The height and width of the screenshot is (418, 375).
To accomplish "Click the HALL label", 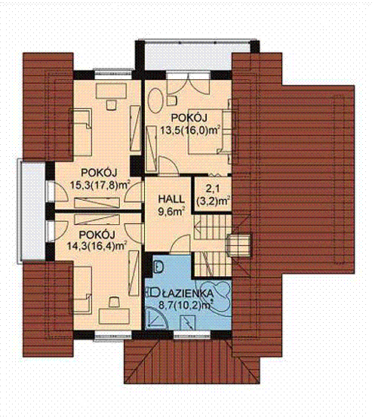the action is (x=171, y=199).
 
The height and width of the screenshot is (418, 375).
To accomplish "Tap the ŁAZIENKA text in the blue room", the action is (x=188, y=294).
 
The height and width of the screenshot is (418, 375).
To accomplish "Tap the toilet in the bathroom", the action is (x=158, y=267).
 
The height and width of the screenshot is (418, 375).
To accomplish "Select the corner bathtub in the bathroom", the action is (x=214, y=294).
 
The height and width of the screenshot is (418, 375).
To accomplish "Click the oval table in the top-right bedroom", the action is (x=155, y=101).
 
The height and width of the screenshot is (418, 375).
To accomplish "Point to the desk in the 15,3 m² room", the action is (x=112, y=91).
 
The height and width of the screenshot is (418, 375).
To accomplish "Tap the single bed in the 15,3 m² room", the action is (x=81, y=131).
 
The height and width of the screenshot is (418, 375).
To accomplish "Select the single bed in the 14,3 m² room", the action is (x=81, y=289).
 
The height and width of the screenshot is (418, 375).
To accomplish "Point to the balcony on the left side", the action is (x=31, y=211).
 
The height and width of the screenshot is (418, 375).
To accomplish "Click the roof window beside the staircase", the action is (x=238, y=245).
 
